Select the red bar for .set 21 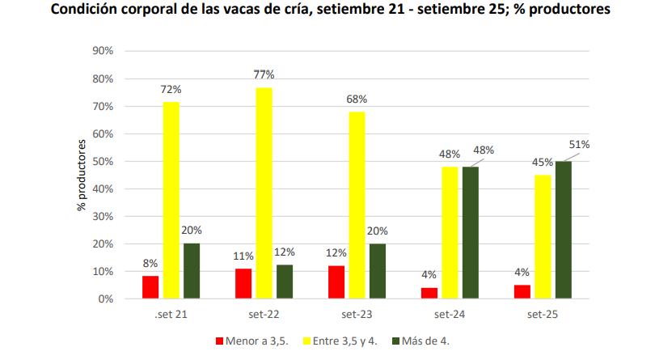click(x=150, y=287)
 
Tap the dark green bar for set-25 click(x=563, y=230)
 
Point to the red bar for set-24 click(x=430, y=293)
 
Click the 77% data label click(x=264, y=74)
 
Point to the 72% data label click(x=171, y=88)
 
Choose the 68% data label click(x=357, y=99)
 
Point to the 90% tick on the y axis click(x=104, y=51)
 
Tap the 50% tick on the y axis click(x=104, y=162)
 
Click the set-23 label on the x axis click(x=357, y=313)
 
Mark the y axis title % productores click(x=81, y=174)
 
